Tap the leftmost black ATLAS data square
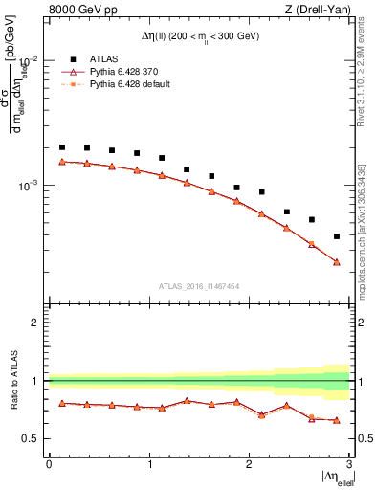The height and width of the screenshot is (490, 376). click(x=62, y=147)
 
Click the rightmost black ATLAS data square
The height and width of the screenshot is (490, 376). click(x=337, y=236)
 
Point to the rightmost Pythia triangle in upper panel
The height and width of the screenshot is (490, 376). click(x=337, y=262)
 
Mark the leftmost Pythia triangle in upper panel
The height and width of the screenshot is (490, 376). click(x=62, y=162)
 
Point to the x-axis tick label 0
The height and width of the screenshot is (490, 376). click(x=49, y=463)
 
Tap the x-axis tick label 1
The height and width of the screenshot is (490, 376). click(x=149, y=463)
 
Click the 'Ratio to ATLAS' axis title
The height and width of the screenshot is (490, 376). click(x=14, y=380)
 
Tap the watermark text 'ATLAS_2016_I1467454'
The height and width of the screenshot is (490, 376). click(x=198, y=285)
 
